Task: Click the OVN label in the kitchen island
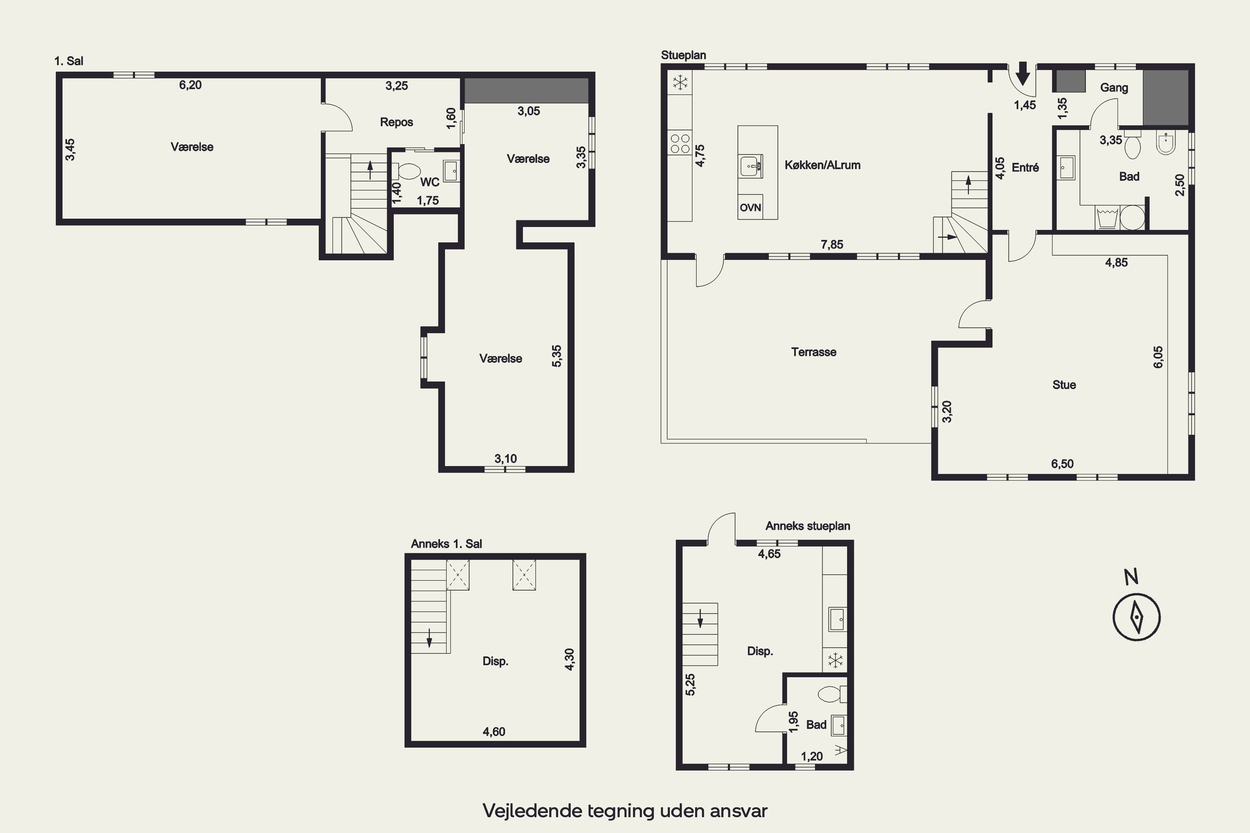point(750,208)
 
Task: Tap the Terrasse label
point(814,352)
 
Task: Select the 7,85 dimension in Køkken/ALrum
point(832,244)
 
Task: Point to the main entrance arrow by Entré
point(1022,73)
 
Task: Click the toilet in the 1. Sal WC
point(407,172)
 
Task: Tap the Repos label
point(397,122)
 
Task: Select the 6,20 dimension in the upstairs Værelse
point(190,85)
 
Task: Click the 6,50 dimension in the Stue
point(1062,464)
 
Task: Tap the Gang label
point(1114,87)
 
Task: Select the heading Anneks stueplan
point(807,526)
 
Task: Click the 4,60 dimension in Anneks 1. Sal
point(494,731)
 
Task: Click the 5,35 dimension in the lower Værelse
point(556,356)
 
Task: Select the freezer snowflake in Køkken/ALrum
point(680,82)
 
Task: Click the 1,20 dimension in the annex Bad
point(812,756)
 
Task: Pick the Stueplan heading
point(683,55)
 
